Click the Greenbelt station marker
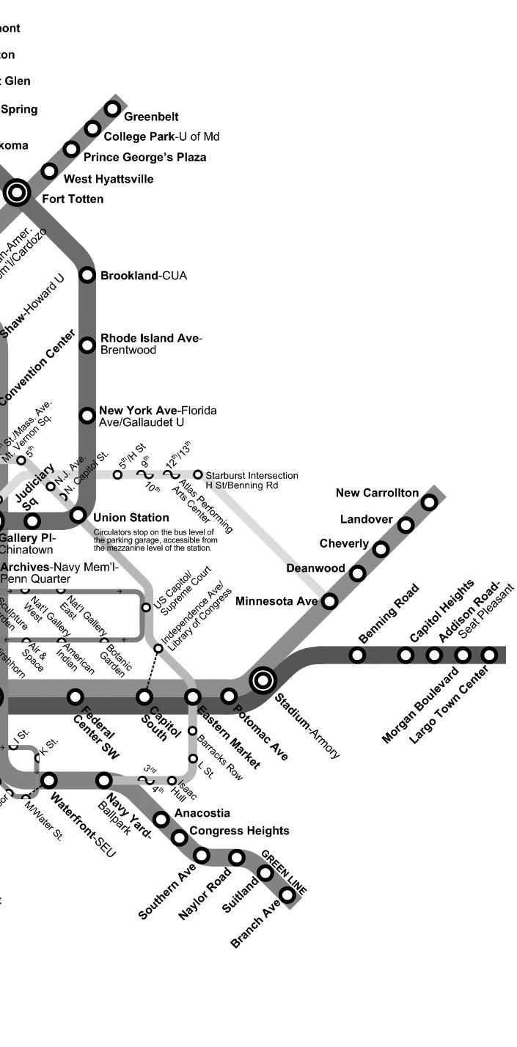[x=112, y=109]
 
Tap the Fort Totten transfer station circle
[x=17, y=192]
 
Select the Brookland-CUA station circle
[x=87, y=275]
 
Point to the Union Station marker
[x=78, y=515]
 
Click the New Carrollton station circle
[x=430, y=502]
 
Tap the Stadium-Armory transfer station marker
[x=262, y=680]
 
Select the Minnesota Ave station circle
[x=330, y=601]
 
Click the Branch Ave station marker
[x=287, y=894]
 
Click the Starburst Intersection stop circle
[x=197, y=475]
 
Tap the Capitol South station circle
[x=144, y=696]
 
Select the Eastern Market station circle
[x=192, y=696]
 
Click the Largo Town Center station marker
[x=488, y=655]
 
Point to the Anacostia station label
[x=202, y=813]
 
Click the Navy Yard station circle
[x=105, y=779]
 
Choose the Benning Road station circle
[x=357, y=655]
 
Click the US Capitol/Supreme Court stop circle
[x=146, y=607]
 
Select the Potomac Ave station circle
[x=229, y=696]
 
